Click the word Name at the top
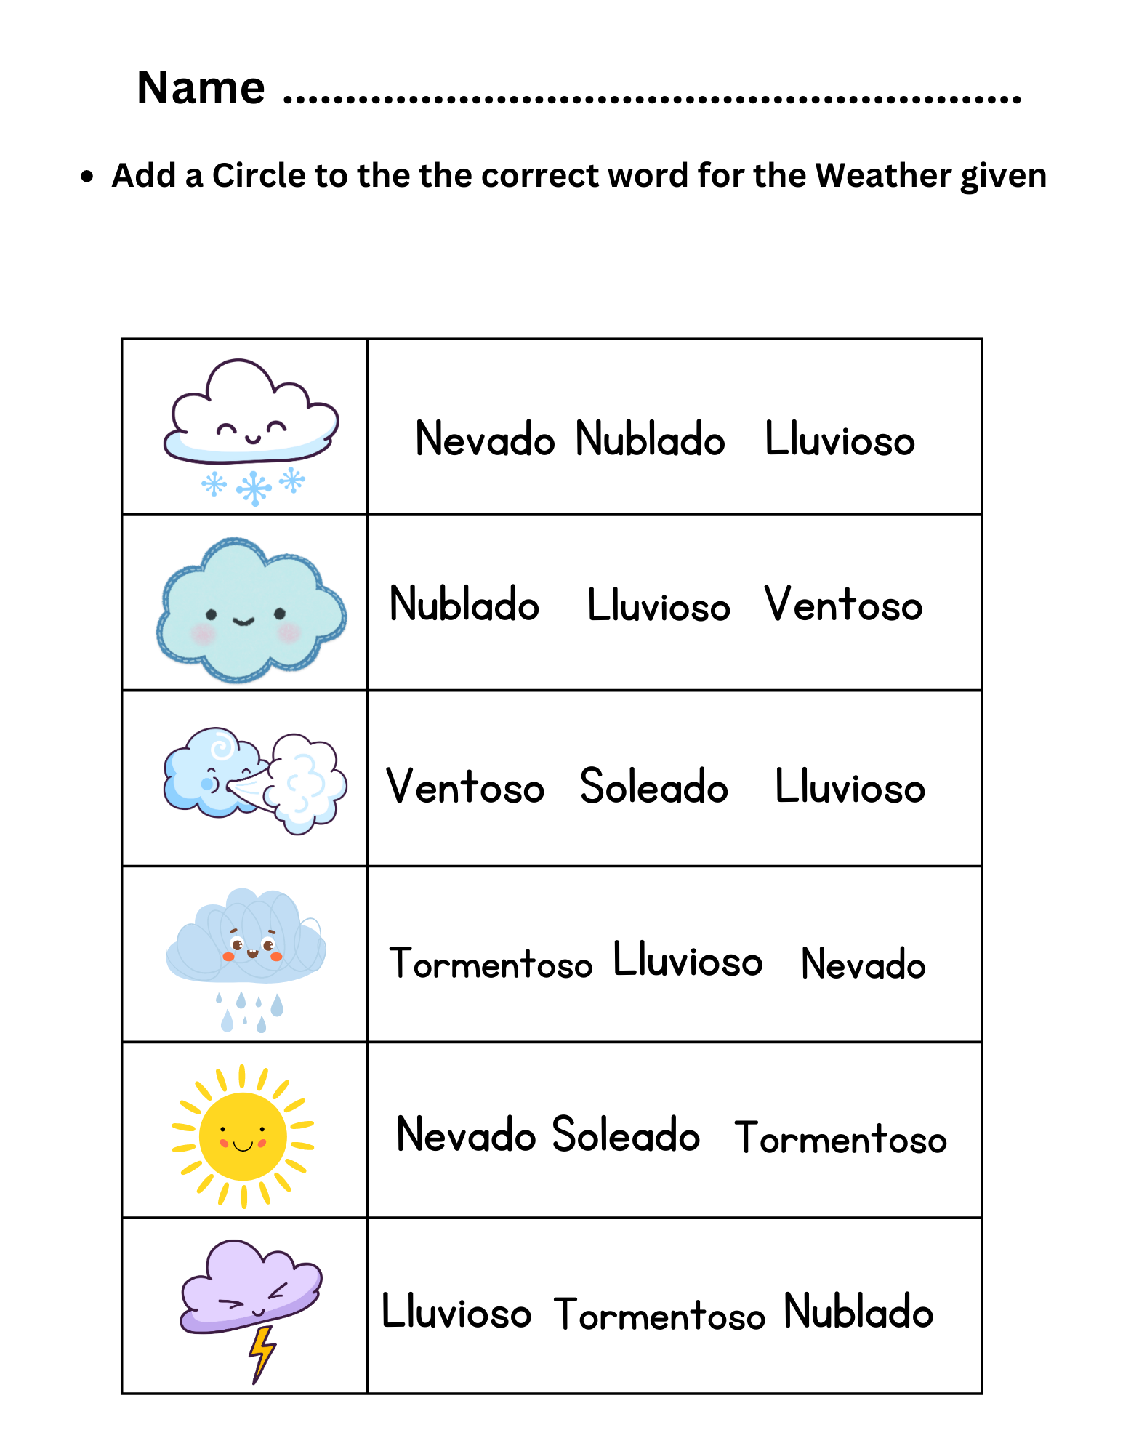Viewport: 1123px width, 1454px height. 201,88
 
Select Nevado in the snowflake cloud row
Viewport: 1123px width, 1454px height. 485,439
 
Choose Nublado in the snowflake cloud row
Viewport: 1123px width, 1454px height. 650,439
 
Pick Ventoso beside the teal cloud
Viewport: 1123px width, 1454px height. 843,604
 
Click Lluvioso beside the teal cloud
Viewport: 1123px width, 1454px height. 659,606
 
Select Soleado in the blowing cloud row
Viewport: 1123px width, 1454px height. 653,787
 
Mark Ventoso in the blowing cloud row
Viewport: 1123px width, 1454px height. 465,787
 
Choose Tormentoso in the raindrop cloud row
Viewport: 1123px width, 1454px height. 491,963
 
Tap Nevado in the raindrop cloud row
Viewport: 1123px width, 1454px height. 863,964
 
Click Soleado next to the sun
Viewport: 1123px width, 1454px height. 625,1135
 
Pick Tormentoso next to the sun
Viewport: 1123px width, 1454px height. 840,1138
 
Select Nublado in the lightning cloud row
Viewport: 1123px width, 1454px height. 858,1312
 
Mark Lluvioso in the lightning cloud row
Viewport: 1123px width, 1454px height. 456,1312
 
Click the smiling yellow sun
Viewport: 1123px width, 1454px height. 243,1136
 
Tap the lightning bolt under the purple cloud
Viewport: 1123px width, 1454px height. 262,1353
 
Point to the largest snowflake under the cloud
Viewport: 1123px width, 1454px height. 254,488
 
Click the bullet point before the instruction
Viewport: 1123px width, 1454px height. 87,177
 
